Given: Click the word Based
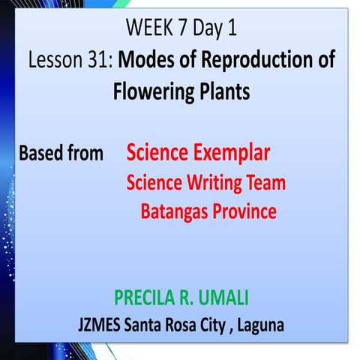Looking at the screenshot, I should click(41, 154).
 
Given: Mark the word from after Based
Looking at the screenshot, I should click(85, 154).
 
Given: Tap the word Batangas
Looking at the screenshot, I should click(174, 212).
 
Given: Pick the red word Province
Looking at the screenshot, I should click(244, 212).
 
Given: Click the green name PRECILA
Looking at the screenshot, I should click(143, 298).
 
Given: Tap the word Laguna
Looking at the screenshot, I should click(257, 326).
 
